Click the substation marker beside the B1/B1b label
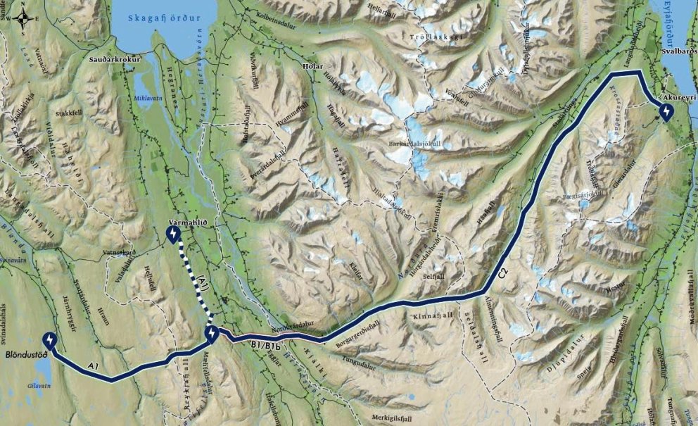(212, 334)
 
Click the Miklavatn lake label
(148, 98)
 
